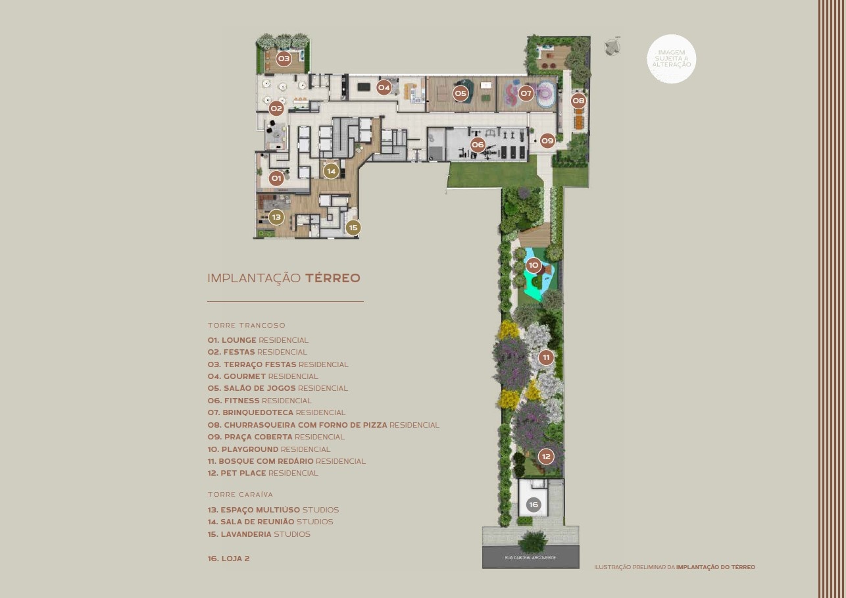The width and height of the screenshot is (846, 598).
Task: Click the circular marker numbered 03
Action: click(284, 59)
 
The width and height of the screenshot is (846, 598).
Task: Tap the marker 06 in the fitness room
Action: click(478, 144)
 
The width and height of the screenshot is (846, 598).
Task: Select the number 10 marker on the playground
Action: click(534, 265)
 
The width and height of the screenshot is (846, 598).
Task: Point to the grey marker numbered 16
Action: click(534, 505)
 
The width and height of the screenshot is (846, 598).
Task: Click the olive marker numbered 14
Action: click(331, 171)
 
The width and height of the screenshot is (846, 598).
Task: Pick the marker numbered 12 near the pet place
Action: click(546, 457)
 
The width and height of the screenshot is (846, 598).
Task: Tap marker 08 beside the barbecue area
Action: click(578, 101)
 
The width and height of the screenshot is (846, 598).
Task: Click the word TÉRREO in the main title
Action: click(333, 278)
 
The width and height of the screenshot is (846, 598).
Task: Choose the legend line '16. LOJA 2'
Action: click(228, 559)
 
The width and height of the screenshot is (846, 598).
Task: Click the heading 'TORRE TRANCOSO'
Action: click(246, 325)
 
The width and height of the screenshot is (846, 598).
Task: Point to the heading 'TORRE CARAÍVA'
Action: click(240, 495)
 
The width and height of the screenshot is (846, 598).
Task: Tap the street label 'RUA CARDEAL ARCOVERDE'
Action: click(530, 558)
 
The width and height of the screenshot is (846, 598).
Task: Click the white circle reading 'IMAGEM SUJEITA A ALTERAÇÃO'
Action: click(671, 59)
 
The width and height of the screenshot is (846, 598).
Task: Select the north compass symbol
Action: click(612, 47)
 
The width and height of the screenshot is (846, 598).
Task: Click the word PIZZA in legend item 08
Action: click(375, 425)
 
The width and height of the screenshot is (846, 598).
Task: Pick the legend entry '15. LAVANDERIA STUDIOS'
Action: click(259, 534)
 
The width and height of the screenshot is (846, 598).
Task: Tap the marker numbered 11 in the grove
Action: click(546, 357)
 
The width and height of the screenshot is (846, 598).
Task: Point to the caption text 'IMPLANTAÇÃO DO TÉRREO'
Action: click(715, 567)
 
